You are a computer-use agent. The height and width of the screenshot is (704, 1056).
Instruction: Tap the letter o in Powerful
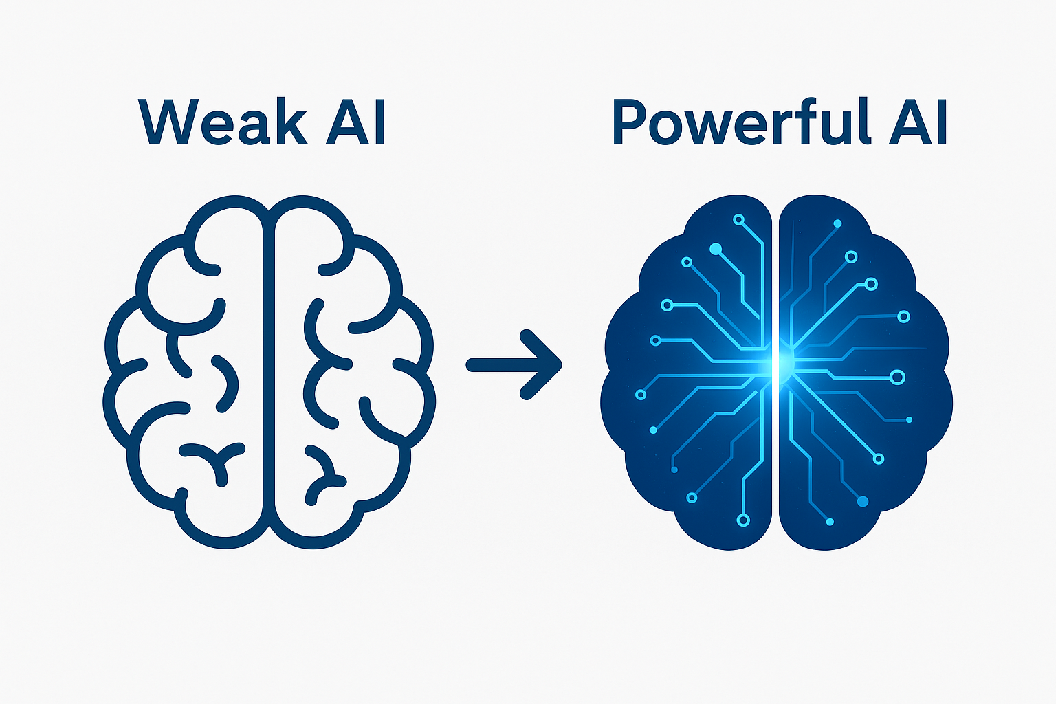(x=665, y=128)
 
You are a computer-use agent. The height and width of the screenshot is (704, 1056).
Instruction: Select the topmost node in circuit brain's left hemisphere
(x=738, y=220)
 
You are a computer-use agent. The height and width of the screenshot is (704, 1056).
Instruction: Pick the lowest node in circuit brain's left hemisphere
(x=742, y=520)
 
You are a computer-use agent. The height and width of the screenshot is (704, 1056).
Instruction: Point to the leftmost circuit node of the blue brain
(x=641, y=395)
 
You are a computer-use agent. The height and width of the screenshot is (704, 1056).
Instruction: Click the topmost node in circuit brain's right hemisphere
(x=837, y=223)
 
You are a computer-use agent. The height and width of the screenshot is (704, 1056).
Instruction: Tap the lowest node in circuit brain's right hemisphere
(x=830, y=522)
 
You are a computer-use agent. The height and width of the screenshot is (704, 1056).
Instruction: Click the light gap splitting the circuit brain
(x=776, y=481)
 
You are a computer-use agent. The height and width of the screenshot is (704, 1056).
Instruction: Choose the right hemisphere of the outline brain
(x=351, y=371)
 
